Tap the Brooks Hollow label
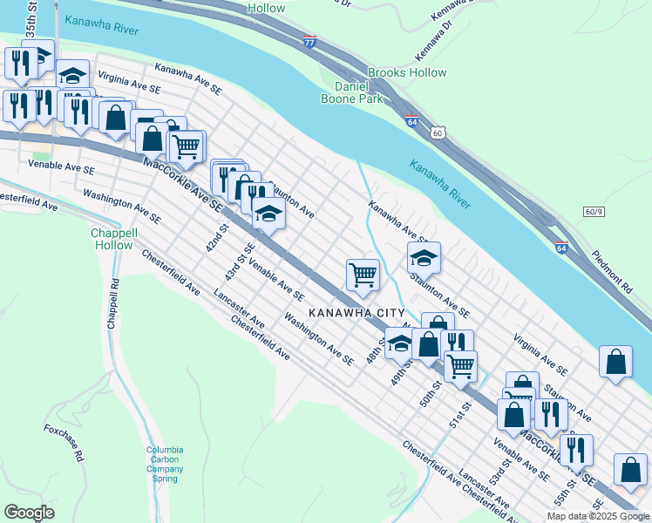click(x=406, y=73)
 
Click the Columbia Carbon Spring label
click(x=165, y=465)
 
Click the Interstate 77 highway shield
click(x=309, y=41)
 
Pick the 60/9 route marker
click(x=594, y=213)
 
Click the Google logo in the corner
click(x=29, y=512)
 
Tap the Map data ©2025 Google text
click(x=598, y=516)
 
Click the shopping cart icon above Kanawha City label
click(x=363, y=275)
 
